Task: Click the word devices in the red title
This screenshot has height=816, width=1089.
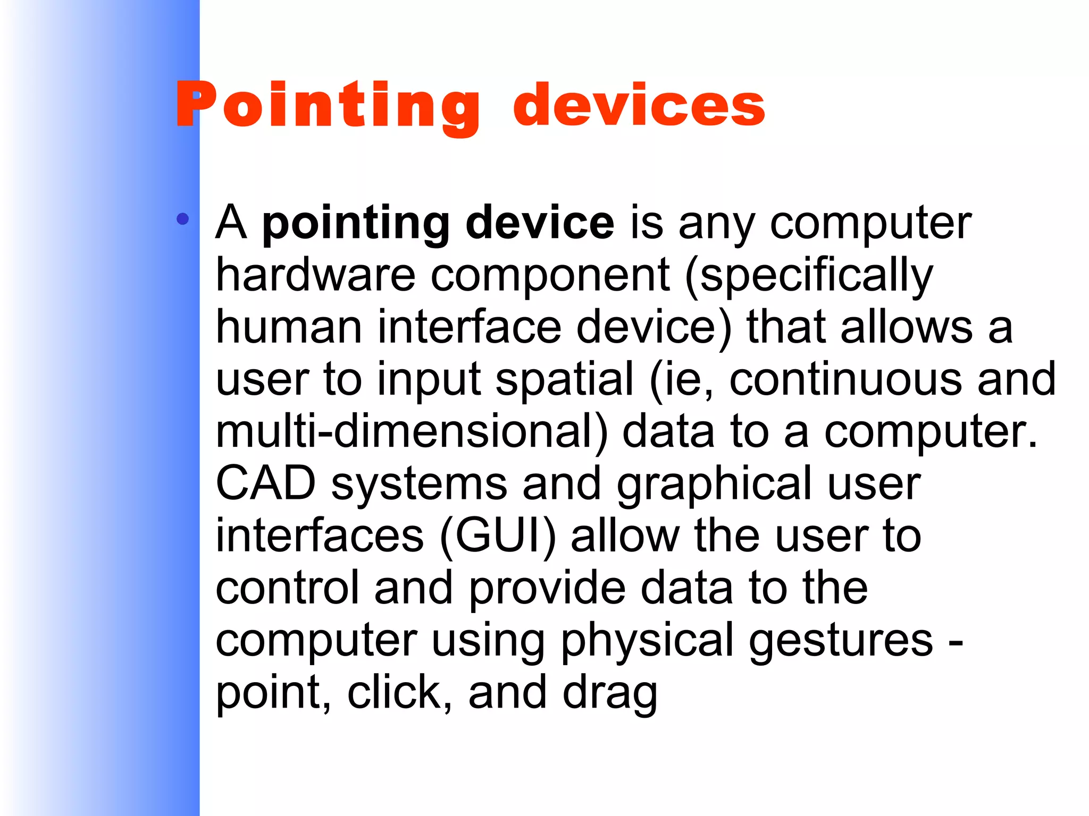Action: pyautogui.click(x=639, y=106)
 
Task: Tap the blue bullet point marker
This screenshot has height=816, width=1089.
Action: pyautogui.click(x=182, y=219)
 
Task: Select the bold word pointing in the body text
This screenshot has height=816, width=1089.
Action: pyautogui.click(x=356, y=223)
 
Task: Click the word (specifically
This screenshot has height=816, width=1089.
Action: pyautogui.click(x=808, y=276)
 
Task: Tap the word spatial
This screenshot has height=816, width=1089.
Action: pyautogui.click(x=564, y=380)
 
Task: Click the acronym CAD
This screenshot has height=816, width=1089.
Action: pyautogui.click(x=266, y=483)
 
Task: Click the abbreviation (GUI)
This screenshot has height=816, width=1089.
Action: pyautogui.click(x=498, y=537)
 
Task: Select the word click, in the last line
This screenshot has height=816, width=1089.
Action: pyautogui.click(x=399, y=692)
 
